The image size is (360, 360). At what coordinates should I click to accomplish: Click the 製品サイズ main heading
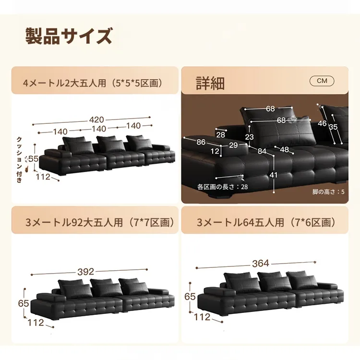69,36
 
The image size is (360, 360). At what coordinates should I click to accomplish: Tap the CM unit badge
322,81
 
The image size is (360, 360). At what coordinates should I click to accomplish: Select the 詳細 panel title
210,83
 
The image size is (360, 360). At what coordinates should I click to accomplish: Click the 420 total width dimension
96,120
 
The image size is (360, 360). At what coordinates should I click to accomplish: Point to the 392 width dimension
85,272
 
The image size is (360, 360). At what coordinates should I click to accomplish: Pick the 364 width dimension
261,264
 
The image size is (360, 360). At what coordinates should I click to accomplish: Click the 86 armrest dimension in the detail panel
201,142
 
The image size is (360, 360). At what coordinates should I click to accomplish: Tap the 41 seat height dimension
274,175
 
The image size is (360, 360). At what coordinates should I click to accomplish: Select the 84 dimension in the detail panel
262,151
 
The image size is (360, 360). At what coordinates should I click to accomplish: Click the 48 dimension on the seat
284,149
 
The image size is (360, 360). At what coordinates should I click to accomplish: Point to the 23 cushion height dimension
249,137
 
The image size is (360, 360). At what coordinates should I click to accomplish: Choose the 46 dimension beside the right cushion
322,123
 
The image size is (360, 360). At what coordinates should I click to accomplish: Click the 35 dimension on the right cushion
333,127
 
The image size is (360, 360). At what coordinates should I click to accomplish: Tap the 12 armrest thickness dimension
215,151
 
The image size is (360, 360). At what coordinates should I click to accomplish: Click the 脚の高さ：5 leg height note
328,192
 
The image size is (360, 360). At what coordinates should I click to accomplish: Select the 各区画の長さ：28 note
222,187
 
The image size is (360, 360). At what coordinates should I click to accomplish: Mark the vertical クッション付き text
20,160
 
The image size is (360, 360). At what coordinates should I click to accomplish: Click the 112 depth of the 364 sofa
202,317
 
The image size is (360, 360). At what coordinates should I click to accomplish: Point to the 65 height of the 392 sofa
24,303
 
